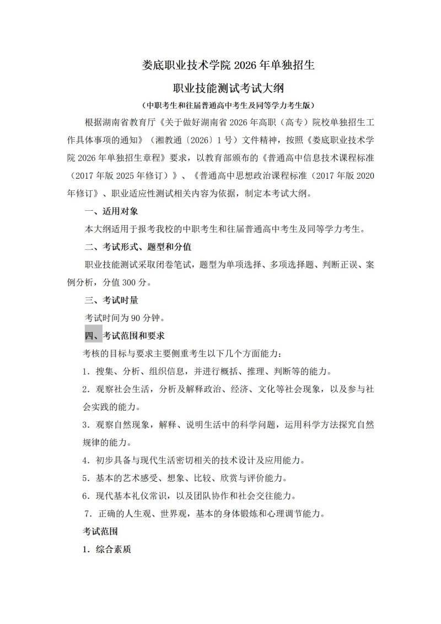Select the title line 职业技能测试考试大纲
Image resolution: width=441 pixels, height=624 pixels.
pyautogui.click(x=220, y=88)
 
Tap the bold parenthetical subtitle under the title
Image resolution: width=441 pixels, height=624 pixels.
pyautogui.click(x=220, y=105)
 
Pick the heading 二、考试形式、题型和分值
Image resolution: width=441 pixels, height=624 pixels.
pyautogui.click(x=137, y=247)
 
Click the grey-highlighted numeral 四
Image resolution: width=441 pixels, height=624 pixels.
pyautogui.click(x=90, y=335)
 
